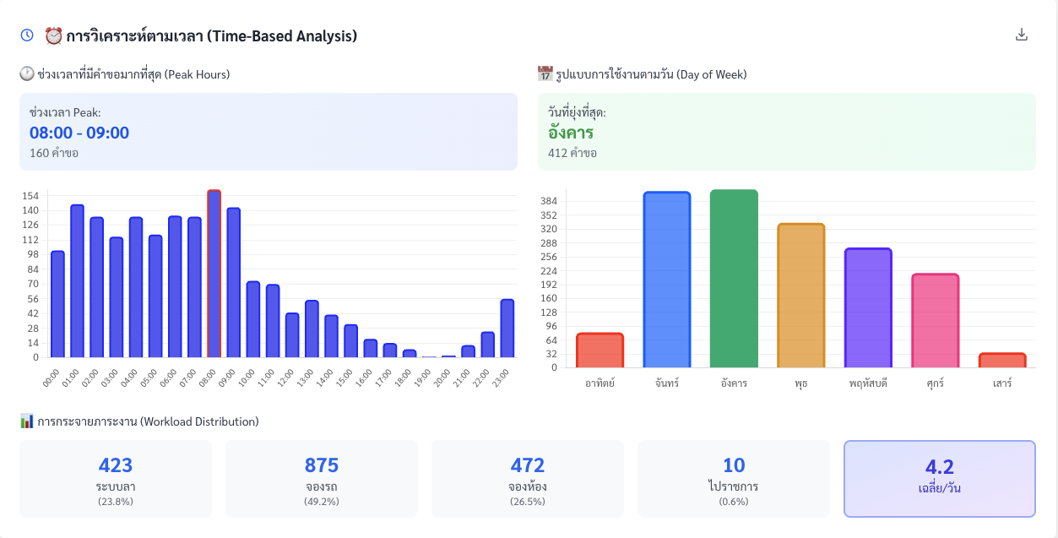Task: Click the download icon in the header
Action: coord(1022,35)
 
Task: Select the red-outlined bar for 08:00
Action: coord(214,274)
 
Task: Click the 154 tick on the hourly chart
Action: coord(30,196)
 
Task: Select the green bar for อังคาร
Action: coord(734,279)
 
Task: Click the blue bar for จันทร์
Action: coord(667,280)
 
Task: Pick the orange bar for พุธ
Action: coord(800,296)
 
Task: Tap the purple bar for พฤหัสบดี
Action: coord(868,307)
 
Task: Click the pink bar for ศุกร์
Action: coord(935,320)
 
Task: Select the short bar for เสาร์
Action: coord(1001,361)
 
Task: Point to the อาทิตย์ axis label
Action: coord(600,383)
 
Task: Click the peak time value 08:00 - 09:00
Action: coord(79,133)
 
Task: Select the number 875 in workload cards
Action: coord(321,465)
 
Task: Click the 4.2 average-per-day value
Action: coord(939,467)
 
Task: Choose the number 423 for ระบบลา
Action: coord(116,465)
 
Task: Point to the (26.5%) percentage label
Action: coord(528,502)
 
